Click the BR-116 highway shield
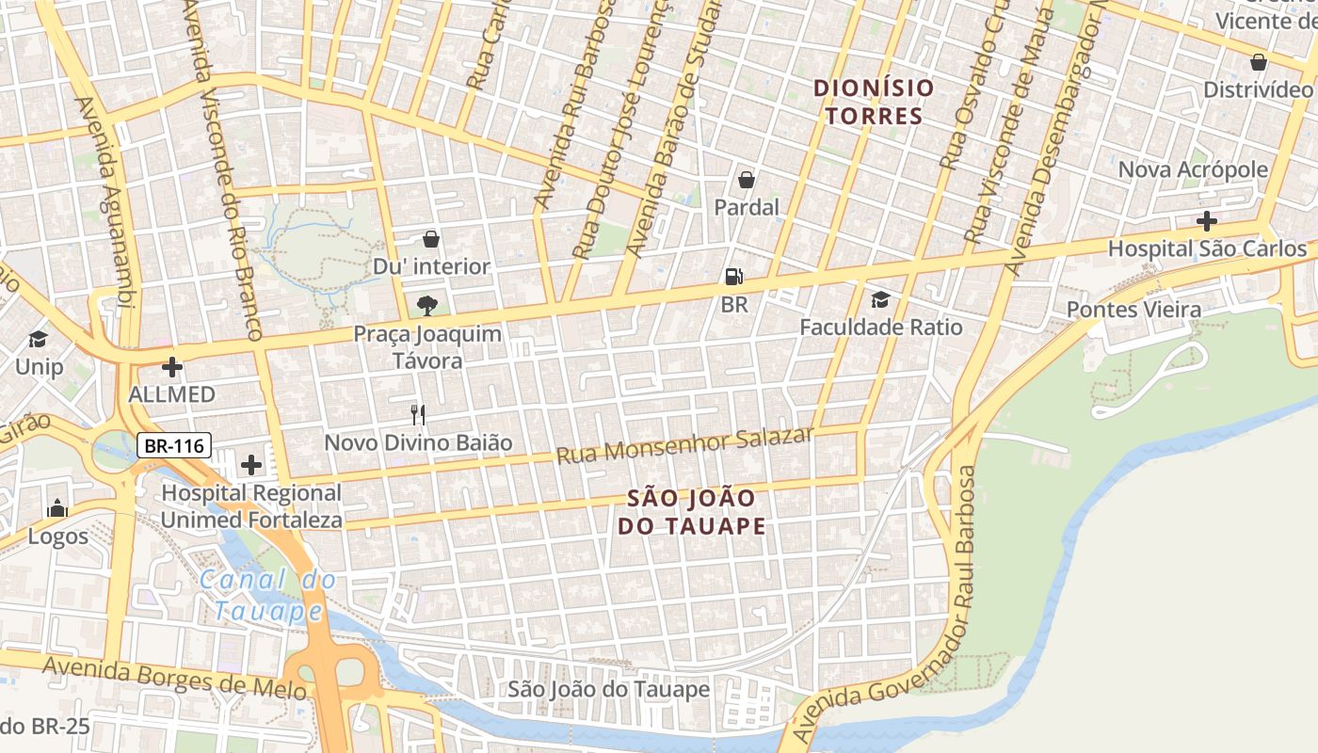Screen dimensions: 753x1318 click(174, 445)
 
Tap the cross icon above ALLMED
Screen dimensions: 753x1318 click(172, 366)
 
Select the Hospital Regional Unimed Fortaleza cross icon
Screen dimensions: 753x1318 click(251, 464)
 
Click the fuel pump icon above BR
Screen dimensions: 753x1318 click(733, 276)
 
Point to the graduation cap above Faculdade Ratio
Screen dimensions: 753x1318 click(880, 299)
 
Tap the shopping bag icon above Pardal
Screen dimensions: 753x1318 click(747, 179)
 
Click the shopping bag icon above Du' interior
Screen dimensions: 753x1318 click(431, 239)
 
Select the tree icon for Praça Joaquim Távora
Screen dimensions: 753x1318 click(426, 305)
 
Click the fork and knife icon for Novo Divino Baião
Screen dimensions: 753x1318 click(418, 414)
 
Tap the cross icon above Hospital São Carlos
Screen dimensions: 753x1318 click(1206, 222)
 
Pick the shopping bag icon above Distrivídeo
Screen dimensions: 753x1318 click(1258, 62)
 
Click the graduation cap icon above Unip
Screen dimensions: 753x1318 click(39, 339)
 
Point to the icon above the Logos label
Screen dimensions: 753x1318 click(57, 509)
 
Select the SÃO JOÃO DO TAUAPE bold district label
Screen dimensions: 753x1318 click(692, 511)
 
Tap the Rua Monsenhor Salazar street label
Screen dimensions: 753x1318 click(684, 445)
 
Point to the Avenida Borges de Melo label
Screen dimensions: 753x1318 click(175, 678)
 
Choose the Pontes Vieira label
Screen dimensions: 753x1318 click(1133, 310)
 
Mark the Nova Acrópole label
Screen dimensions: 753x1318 click(1193, 169)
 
